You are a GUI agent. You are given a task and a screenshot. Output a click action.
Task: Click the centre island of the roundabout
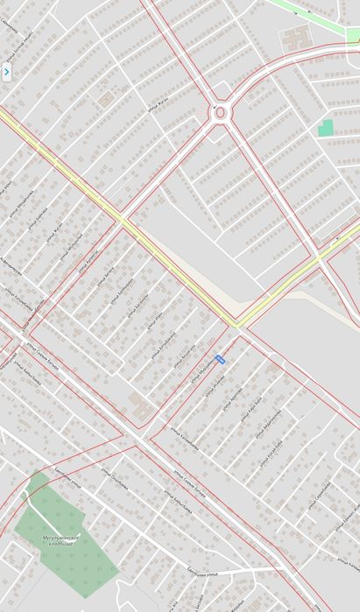[x=220, y=112]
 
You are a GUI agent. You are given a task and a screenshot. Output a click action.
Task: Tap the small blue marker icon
[x=220, y=358]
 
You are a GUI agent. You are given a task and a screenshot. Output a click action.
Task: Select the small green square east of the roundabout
[x=326, y=128]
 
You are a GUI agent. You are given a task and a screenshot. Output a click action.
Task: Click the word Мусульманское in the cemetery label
[x=61, y=537]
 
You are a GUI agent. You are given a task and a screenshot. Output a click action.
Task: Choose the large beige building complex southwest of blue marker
[x=139, y=405]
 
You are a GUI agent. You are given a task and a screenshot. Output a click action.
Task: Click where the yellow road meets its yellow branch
[x=236, y=325]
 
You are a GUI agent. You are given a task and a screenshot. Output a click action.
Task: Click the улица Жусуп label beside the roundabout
[x=159, y=109]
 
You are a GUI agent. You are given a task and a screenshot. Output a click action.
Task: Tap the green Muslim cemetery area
[x=70, y=560]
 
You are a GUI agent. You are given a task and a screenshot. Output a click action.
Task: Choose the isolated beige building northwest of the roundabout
[x=106, y=99]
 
